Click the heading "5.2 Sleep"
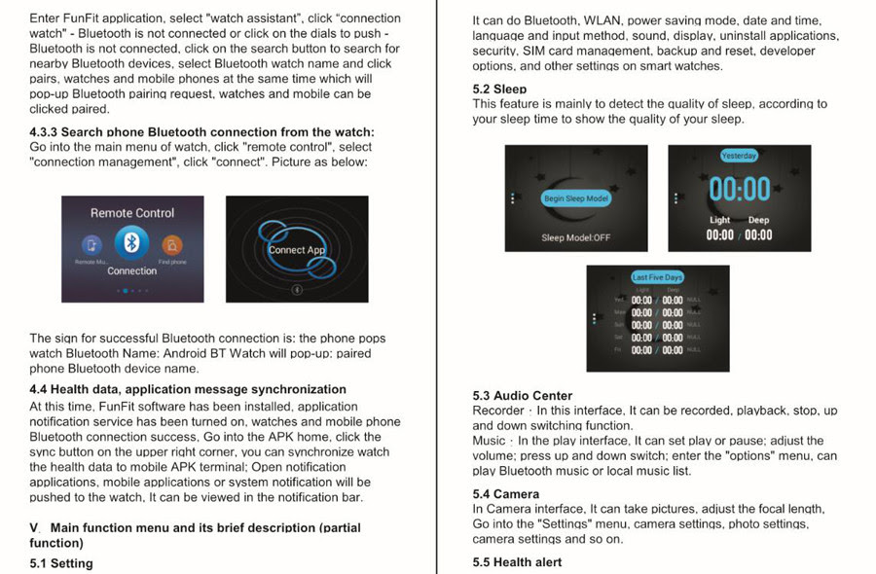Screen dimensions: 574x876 click(499, 90)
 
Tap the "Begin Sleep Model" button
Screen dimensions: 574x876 click(575, 198)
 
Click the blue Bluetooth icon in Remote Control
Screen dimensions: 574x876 click(131, 243)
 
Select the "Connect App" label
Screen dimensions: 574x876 click(297, 250)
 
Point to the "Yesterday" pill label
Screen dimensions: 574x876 click(739, 156)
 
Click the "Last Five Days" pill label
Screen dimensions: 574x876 click(657, 277)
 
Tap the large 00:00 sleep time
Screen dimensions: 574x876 click(740, 189)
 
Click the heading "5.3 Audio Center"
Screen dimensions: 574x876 click(523, 396)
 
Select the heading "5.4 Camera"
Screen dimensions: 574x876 click(505, 494)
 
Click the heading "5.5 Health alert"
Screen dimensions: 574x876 click(517, 562)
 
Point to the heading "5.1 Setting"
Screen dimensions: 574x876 click(61, 563)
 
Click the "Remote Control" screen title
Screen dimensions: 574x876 click(132, 213)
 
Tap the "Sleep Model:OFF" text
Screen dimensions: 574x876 click(576, 237)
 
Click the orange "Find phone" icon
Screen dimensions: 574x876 click(172, 244)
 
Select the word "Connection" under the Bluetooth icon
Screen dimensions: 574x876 click(132, 271)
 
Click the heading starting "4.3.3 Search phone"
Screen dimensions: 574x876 click(201, 131)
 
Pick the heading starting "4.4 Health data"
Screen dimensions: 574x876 click(188, 389)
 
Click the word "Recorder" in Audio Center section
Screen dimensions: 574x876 click(498, 412)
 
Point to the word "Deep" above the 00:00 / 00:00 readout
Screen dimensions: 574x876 click(758, 221)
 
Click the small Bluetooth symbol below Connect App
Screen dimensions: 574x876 click(298, 289)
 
